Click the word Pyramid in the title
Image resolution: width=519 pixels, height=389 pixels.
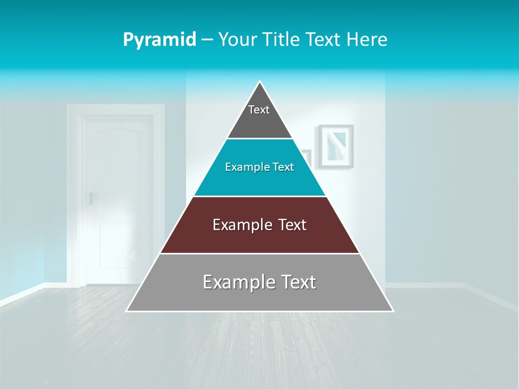(x=159, y=40)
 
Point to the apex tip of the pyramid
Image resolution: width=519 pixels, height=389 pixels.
(x=260, y=82)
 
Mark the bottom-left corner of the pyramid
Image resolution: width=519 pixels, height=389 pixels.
(x=128, y=311)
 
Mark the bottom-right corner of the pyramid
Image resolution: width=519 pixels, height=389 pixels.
(x=392, y=311)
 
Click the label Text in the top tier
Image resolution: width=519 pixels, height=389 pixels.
(x=259, y=110)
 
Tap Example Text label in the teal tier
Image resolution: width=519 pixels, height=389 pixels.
(x=259, y=167)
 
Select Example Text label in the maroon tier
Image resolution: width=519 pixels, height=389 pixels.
(x=259, y=225)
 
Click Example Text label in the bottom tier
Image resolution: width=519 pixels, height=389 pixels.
(x=259, y=282)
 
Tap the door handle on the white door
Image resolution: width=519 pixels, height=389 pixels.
(x=91, y=197)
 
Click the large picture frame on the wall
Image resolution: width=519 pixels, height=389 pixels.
(x=335, y=146)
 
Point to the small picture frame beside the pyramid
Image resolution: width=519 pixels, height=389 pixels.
(x=307, y=157)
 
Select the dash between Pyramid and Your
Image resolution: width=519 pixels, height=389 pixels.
(x=207, y=40)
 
